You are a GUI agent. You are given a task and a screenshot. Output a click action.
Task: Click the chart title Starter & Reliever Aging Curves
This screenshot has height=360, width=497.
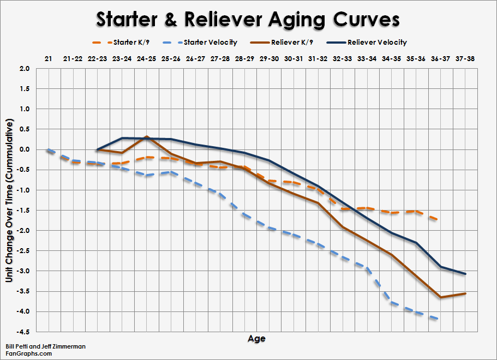coord(248,20)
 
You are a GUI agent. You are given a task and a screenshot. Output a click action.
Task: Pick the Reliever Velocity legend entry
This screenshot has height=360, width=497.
coord(377,42)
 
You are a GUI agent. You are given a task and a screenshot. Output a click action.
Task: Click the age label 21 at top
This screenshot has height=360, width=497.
coord(49,58)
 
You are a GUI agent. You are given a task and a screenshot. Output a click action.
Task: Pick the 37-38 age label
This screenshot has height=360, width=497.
coord(465,58)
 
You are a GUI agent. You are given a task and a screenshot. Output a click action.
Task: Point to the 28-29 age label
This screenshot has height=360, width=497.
coord(244,58)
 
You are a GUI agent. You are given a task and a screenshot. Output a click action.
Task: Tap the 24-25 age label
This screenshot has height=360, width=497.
coord(146,58)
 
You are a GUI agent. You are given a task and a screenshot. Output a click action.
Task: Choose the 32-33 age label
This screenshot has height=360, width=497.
coord(343,58)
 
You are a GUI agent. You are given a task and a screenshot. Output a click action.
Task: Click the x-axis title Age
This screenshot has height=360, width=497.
coord(256,339)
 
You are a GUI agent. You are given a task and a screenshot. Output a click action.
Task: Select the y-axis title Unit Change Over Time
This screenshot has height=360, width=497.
coord(9,200)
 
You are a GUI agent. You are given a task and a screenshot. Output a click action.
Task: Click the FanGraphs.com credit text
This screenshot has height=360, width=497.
coord(29,353)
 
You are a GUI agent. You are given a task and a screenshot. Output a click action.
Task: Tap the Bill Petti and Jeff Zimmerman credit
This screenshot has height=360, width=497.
coord(46,346)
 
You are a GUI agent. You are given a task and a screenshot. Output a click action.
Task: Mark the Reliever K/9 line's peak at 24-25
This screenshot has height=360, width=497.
coord(146,137)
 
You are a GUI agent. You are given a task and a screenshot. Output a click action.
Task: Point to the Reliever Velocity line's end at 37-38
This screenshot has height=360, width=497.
coord(465,274)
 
